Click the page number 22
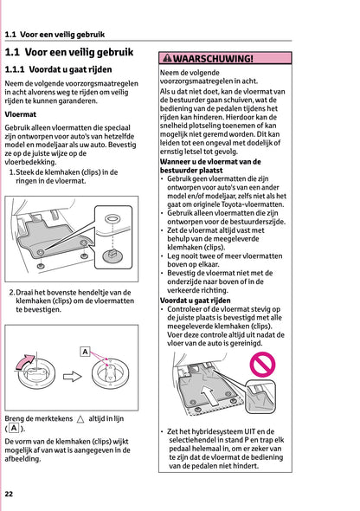(x=9, y=494)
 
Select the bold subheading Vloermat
(x=20, y=113)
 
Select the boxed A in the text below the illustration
(x=14, y=429)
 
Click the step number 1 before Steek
(x=11, y=171)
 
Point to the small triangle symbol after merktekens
(x=80, y=418)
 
